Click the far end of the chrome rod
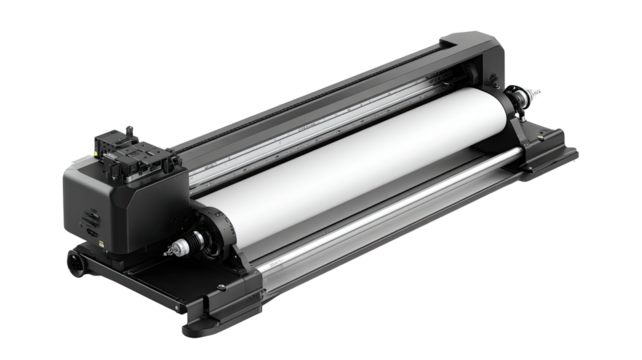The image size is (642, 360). click(x=518, y=152)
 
